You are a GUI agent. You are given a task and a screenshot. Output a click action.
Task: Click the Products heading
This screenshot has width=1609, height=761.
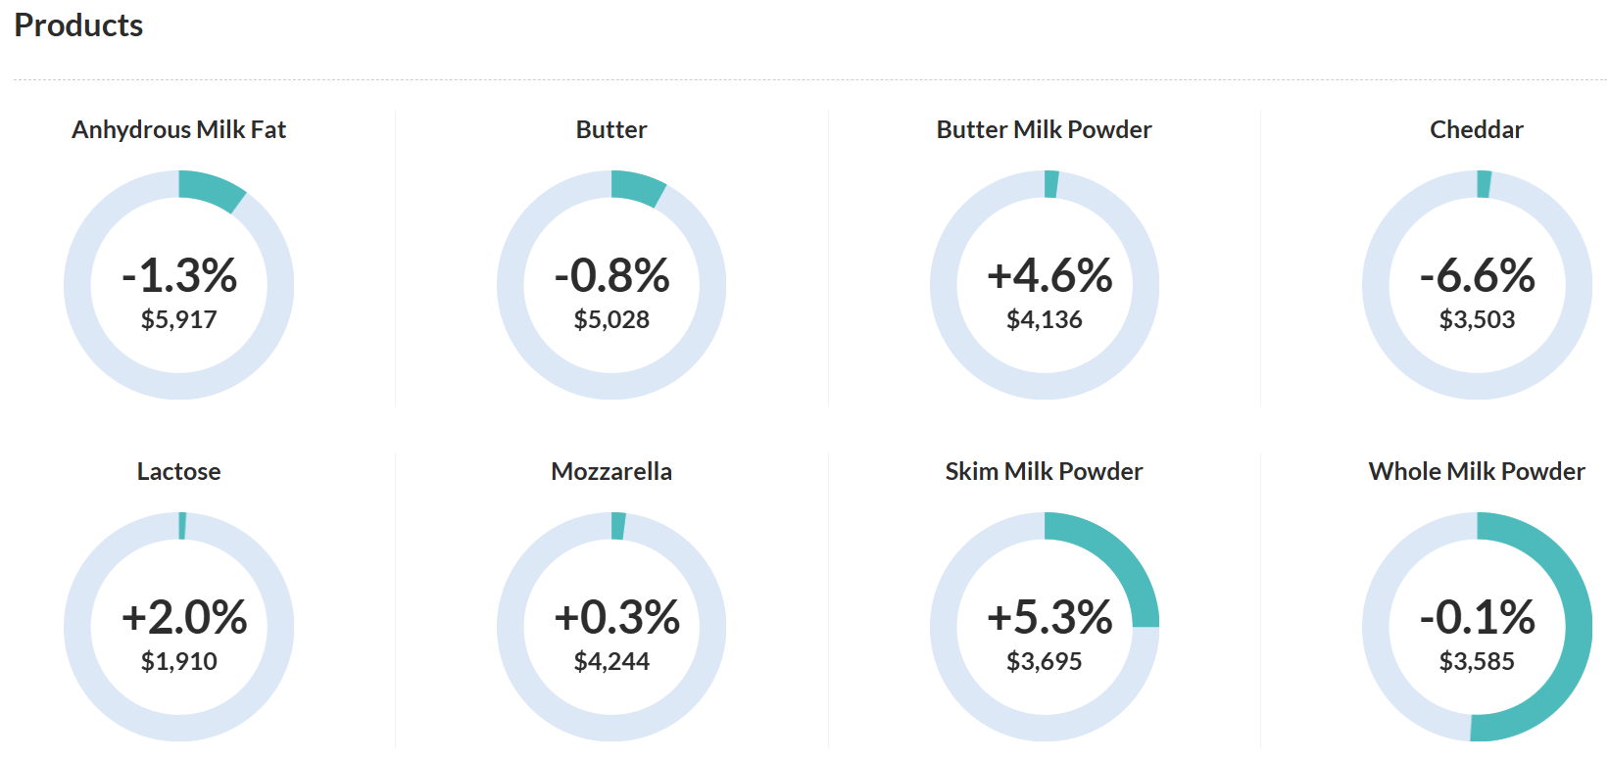click(x=78, y=25)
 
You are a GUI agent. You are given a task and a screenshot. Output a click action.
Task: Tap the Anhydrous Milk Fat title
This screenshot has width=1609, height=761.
click(x=179, y=130)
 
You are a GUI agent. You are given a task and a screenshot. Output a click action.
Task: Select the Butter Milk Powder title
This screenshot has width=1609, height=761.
click(x=1044, y=130)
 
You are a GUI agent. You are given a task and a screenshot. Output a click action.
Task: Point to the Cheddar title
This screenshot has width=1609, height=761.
click(x=1476, y=130)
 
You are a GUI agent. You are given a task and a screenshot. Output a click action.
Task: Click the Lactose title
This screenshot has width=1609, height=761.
click(x=179, y=472)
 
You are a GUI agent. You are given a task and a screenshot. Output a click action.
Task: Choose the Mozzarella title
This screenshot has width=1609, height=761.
click(x=611, y=472)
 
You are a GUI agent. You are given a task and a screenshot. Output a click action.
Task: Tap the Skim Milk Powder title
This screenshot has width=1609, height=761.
click(x=1044, y=472)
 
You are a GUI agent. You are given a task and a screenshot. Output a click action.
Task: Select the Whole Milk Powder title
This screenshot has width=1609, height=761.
click(x=1476, y=472)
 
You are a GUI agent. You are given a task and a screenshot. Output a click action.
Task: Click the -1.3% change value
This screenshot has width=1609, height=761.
click(x=179, y=275)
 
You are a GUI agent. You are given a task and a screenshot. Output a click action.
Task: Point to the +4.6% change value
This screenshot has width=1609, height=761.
click(x=1049, y=275)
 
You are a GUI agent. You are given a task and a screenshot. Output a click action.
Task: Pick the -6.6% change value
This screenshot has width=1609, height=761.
click(x=1477, y=275)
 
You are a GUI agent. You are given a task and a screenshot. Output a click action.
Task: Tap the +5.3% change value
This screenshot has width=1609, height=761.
click(x=1049, y=617)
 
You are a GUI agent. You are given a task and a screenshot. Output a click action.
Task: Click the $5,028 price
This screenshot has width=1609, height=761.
click(x=611, y=319)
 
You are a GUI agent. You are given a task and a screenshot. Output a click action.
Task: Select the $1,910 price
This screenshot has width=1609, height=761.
click(x=179, y=661)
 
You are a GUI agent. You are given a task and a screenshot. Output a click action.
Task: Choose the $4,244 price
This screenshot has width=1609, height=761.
click(x=611, y=661)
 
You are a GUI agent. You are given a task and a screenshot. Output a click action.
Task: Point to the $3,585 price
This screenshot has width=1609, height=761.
click(x=1476, y=661)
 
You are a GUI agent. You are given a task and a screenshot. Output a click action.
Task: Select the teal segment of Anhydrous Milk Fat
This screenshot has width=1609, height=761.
click(x=211, y=189)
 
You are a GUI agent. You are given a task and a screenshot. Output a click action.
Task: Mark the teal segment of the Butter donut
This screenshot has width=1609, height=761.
click(x=637, y=186)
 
